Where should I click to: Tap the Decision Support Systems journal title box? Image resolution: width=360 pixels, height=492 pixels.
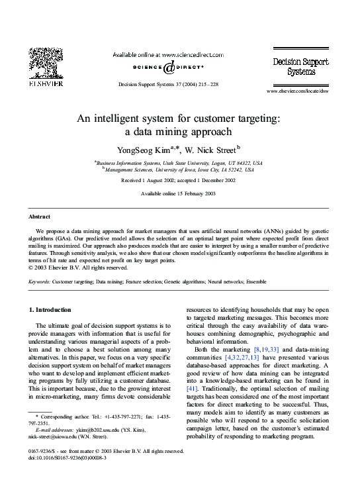pos(296,66)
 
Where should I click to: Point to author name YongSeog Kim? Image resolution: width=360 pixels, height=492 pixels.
pos(144,149)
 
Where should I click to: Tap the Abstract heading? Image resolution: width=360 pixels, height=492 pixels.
pos(39,217)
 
